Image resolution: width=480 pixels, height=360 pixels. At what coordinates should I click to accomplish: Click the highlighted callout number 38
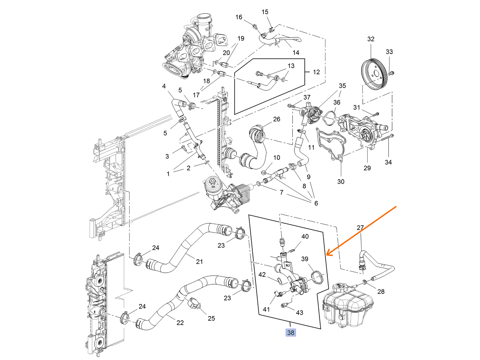(291, 333)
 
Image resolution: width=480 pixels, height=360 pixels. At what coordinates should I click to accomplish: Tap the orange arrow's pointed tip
(326, 255)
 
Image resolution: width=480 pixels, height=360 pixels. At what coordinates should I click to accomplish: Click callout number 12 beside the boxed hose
(316, 72)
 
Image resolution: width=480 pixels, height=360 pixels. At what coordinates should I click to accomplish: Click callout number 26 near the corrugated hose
(277, 119)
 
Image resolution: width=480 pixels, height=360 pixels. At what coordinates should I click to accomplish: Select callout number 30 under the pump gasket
(341, 182)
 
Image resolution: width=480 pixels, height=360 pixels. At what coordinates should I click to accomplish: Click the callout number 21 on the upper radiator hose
(199, 261)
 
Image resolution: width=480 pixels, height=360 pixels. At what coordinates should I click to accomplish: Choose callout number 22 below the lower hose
(180, 323)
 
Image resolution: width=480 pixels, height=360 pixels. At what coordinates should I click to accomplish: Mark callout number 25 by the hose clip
(211, 318)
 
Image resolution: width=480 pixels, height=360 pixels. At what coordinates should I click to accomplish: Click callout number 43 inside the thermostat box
(299, 313)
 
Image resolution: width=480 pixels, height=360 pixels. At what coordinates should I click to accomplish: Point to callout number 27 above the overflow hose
(360, 228)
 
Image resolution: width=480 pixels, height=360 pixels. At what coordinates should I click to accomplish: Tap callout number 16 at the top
(239, 17)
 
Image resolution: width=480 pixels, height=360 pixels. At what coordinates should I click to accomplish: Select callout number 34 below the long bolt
(388, 162)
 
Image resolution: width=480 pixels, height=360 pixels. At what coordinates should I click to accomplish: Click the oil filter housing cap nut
(212, 181)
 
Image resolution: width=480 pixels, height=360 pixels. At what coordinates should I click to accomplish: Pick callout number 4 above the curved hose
(164, 86)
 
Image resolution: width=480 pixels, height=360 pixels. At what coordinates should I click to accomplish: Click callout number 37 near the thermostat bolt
(307, 97)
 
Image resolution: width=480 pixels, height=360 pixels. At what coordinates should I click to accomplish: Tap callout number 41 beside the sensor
(266, 309)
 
